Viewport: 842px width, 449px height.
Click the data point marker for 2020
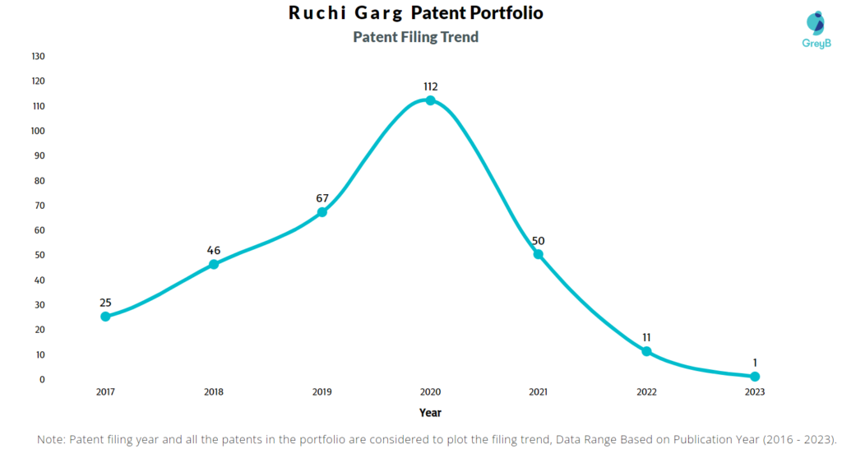[x=430, y=100]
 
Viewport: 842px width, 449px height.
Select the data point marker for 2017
[x=105, y=317]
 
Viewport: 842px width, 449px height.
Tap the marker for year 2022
[x=646, y=351]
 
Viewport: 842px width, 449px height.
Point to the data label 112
[x=430, y=86]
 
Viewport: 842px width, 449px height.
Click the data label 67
[x=322, y=198]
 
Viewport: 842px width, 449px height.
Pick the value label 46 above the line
[x=214, y=250]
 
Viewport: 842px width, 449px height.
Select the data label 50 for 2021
[x=538, y=240]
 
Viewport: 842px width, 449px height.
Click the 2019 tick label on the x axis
[x=322, y=392]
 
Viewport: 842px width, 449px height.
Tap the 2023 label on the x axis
[x=754, y=392]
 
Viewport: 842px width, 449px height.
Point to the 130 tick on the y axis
[x=38, y=56]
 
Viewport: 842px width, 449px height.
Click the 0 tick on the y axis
[x=41, y=379]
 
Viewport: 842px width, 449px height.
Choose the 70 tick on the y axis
[x=39, y=206]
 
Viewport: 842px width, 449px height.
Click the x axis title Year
[x=429, y=413]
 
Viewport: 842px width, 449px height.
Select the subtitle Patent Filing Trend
[x=415, y=37]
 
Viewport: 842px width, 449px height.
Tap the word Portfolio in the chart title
[x=496, y=14]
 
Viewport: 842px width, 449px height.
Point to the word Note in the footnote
[x=51, y=439]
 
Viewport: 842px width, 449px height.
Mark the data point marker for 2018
[x=214, y=264]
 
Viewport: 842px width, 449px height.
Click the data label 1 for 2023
[x=754, y=363]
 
